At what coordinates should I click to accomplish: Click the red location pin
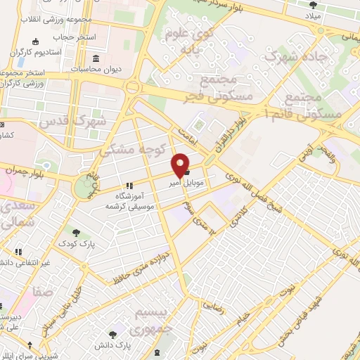coord(181,164)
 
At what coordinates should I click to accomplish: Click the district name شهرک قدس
coord(73,121)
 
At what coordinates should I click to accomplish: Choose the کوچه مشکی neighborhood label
coord(134,143)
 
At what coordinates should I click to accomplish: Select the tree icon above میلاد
coord(312,5)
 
